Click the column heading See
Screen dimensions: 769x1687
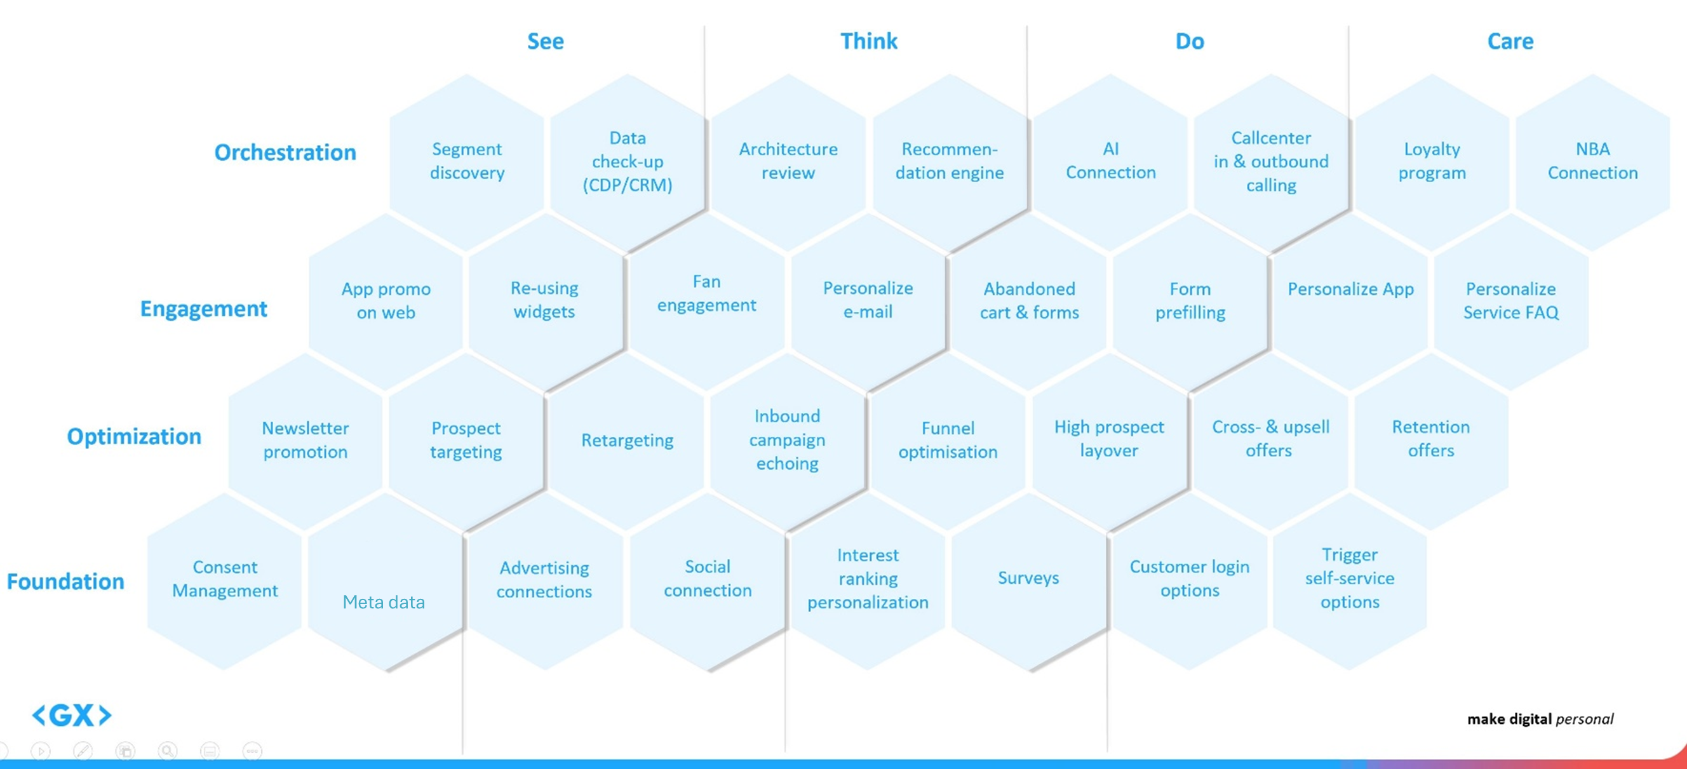pos(545,41)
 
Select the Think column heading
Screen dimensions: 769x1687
pos(868,41)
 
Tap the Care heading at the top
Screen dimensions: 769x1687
pos(1510,41)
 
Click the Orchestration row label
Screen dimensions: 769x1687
pos(285,152)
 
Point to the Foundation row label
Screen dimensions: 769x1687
pos(65,581)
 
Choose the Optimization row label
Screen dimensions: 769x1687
pos(134,436)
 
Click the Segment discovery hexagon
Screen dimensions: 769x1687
pos(467,161)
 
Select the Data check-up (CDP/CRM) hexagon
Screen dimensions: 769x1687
pos(628,161)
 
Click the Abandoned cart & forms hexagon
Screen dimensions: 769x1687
pos(1029,300)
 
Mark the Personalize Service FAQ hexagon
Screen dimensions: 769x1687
pos(1510,300)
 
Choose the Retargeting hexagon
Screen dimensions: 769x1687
pos(627,441)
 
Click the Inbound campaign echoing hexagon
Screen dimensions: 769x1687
pos(787,440)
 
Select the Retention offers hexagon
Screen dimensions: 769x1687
pos(1430,439)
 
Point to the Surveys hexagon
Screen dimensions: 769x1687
pos(1028,578)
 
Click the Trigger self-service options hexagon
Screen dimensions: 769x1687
pos(1349,578)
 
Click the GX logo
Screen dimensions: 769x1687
pos(72,715)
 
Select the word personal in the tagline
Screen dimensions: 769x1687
pos(1584,719)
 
